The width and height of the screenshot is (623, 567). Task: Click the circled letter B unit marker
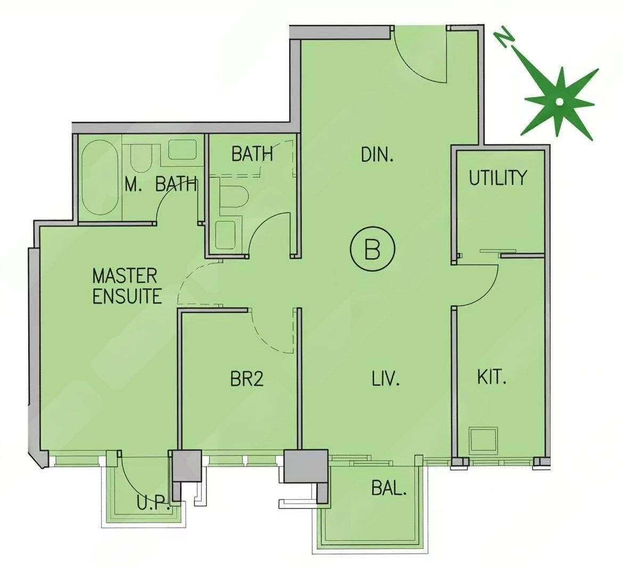(372, 249)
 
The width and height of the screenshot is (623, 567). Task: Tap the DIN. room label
(377, 155)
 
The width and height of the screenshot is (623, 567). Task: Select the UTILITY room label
(498, 178)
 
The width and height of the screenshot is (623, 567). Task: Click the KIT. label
(492, 377)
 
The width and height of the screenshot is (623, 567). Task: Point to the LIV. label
(386, 378)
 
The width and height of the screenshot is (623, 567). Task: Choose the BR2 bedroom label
(247, 378)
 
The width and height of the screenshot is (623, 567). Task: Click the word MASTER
(125, 276)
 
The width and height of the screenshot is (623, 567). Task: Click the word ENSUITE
(127, 296)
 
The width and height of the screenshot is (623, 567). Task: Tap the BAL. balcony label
(389, 488)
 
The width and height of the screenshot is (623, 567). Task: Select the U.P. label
(154, 503)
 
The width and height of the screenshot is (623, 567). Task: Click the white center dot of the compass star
(559, 102)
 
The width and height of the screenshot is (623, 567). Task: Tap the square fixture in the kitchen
(483, 441)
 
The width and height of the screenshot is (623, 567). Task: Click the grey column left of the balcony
(306, 466)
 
